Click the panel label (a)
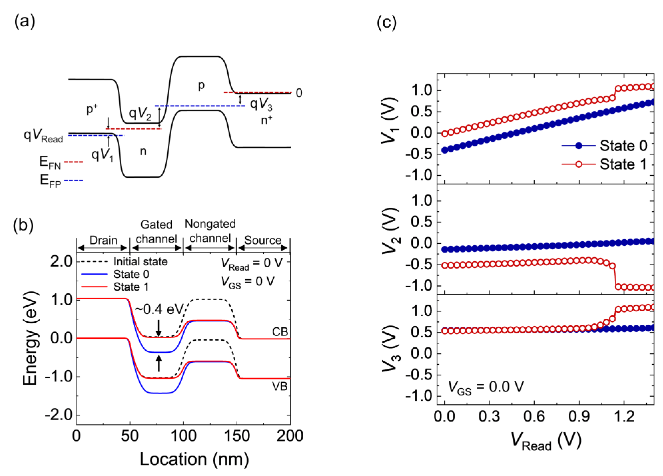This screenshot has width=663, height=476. [24, 22]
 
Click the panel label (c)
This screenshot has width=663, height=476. [387, 22]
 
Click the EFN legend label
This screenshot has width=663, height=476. [50, 162]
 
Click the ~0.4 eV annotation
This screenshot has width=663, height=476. [159, 309]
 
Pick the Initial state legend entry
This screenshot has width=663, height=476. [140, 262]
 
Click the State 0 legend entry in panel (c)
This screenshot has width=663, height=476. [623, 146]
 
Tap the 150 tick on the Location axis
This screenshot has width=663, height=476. [237, 436]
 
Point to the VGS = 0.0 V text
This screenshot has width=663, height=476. [486, 387]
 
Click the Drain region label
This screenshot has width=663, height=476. [103, 240]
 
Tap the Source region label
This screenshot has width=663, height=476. [262, 240]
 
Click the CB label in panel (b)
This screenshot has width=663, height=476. [280, 332]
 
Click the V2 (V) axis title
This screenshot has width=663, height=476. [391, 231]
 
